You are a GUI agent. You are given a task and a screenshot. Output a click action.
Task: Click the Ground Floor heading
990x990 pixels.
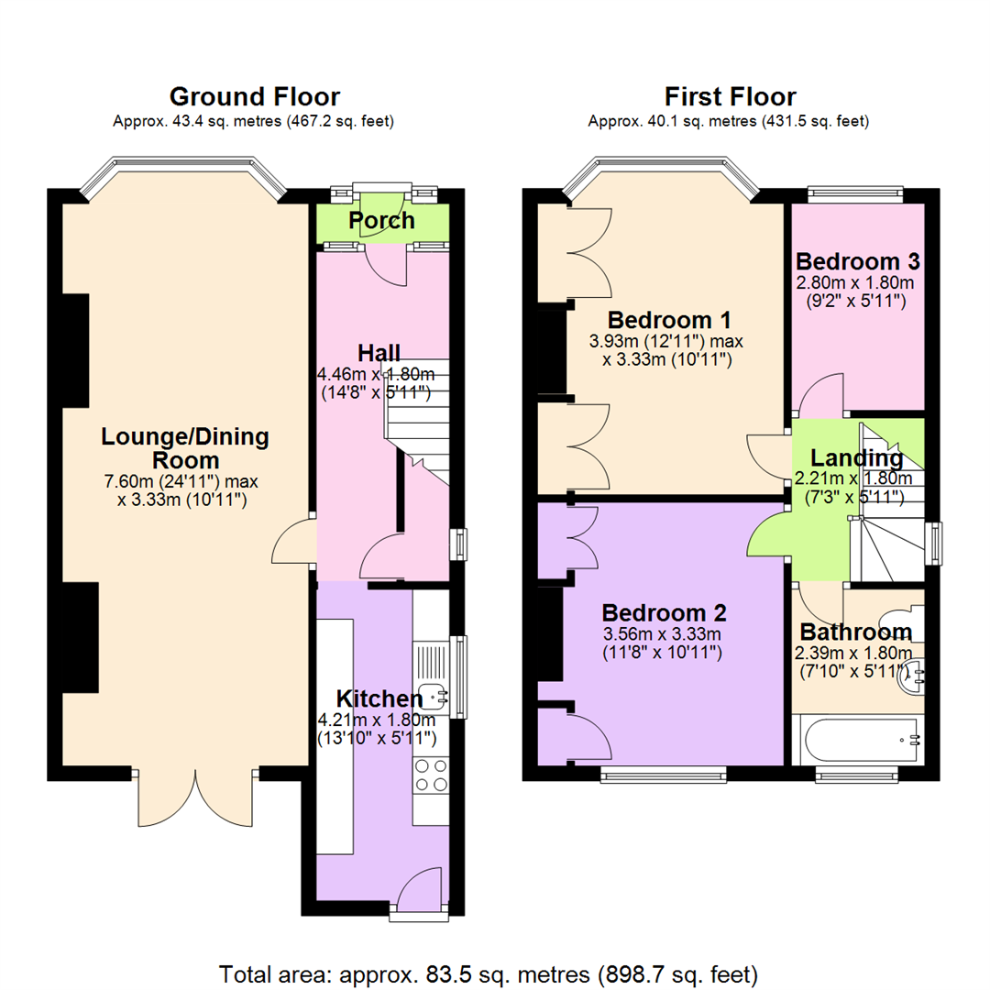pos(254,96)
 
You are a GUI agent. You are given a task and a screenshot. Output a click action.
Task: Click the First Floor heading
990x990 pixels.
pos(730,96)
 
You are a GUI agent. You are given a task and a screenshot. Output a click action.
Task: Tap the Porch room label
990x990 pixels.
pos(381,221)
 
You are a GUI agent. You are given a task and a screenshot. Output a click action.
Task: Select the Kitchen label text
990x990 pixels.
pos(379,698)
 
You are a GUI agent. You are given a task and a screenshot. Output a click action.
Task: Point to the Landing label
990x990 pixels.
pos(856,457)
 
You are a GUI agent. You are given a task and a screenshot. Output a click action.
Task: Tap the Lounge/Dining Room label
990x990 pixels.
pos(186,449)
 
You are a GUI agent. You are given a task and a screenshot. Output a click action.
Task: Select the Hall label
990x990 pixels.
pos(379,353)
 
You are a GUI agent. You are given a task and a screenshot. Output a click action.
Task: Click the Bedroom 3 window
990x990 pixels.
pos(855,194)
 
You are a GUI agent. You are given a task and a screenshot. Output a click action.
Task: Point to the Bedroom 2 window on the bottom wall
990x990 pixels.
pos(664,776)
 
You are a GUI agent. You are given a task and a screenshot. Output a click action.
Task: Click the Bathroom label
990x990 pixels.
pos(856,632)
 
